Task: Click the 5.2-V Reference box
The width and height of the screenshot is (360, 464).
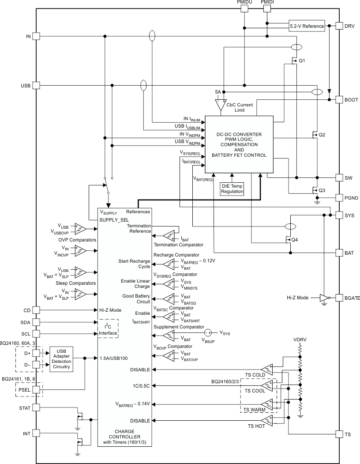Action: [x=307, y=26]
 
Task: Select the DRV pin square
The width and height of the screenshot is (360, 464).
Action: [x=339, y=26]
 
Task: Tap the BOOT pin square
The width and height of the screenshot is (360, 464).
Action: [x=339, y=100]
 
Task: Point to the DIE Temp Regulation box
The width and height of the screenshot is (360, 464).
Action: [x=232, y=189]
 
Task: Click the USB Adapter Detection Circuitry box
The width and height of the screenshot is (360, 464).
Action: [x=61, y=358]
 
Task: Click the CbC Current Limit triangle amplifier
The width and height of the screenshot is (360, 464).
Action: [x=219, y=106]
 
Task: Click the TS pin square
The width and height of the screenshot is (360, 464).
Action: [x=339, y=434]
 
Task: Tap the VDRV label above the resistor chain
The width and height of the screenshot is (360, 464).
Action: [x=300, y=340]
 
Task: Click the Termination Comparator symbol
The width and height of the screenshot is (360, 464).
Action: [x=169, y=235]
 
